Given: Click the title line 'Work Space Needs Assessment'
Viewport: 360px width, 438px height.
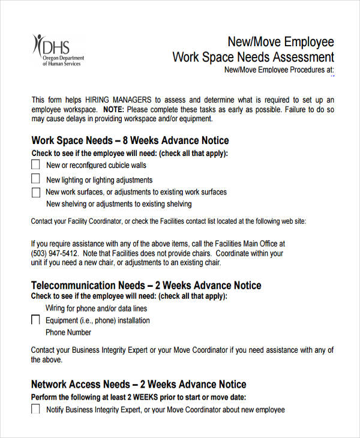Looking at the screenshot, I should tap(253, 58).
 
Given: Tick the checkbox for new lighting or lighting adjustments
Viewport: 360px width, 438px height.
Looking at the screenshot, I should tap(35, 179).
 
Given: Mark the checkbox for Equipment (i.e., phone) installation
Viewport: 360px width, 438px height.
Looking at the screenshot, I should tap(35, 320).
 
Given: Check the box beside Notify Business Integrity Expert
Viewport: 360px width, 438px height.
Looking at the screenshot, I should tap(35, 409).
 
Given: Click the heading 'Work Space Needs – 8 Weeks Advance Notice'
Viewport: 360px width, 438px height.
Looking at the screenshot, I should tap(130, 141).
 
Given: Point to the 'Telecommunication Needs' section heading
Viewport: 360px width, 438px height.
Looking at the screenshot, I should tap(88, 286).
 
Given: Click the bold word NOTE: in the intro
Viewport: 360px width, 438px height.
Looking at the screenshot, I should tap(113, 110).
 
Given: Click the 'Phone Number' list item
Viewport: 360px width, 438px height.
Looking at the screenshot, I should tap(68, 332).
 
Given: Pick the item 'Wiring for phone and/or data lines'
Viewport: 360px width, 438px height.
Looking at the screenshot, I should tap(96, 308).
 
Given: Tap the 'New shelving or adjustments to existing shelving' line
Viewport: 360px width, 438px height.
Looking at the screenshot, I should tap(119, 204).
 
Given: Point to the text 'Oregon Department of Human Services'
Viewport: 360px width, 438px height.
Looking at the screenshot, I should tap(63, 61).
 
